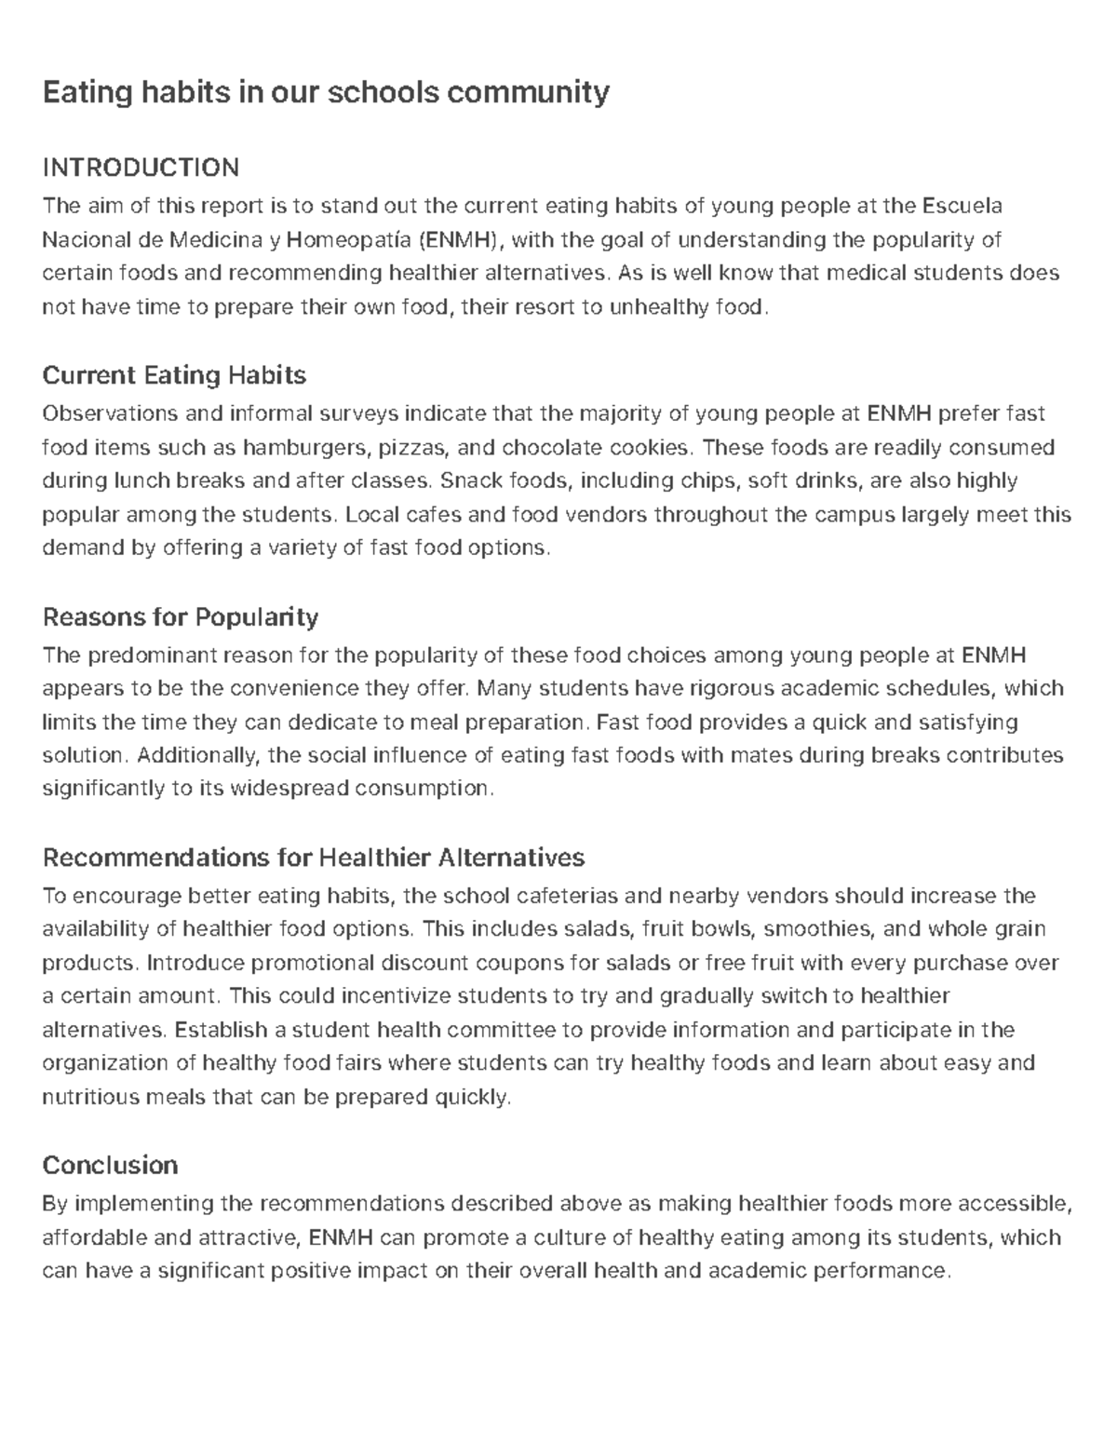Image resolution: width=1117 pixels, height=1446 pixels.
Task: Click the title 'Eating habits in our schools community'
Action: tap(326, 92)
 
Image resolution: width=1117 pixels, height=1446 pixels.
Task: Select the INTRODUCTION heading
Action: tap(141, 168)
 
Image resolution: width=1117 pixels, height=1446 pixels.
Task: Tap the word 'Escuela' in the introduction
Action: tap(962, 206)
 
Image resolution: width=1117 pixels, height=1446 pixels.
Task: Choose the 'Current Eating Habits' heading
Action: tap(174, 375)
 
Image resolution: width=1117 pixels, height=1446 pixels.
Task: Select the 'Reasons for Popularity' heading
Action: tap(181, 617)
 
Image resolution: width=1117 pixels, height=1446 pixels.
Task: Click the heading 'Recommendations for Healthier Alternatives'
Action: tap(314, 857)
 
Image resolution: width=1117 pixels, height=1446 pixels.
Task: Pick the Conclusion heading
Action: tap(110, 1166)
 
